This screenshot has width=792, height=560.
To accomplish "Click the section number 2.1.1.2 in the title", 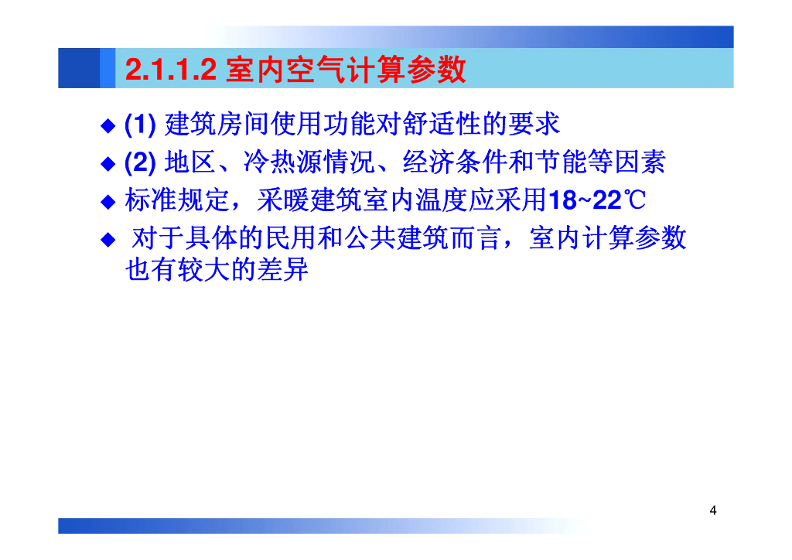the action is click(171, 69).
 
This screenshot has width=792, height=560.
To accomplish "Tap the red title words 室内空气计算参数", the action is click(346, 69).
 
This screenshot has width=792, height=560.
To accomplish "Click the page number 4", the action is click(712, 510).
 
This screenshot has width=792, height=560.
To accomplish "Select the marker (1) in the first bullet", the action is click(140, 124).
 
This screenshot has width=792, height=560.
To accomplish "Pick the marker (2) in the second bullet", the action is click(140, 162).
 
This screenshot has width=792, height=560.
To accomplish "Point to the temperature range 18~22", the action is click(585, 200).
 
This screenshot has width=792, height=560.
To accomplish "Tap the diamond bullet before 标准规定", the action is click(108, 202).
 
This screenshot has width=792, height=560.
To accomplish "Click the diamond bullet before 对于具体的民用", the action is click(108, 239).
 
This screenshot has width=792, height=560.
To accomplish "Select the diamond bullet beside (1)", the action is click(108, 125).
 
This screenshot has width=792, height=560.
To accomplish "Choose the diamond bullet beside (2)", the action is click(108, 164).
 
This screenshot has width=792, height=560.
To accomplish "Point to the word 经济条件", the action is click(455, 162).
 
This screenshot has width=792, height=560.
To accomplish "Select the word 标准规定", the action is click(177, 200).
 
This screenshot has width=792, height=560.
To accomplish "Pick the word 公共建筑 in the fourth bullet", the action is click(397, 237).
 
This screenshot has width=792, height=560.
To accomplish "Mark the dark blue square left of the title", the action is click(79, 68).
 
